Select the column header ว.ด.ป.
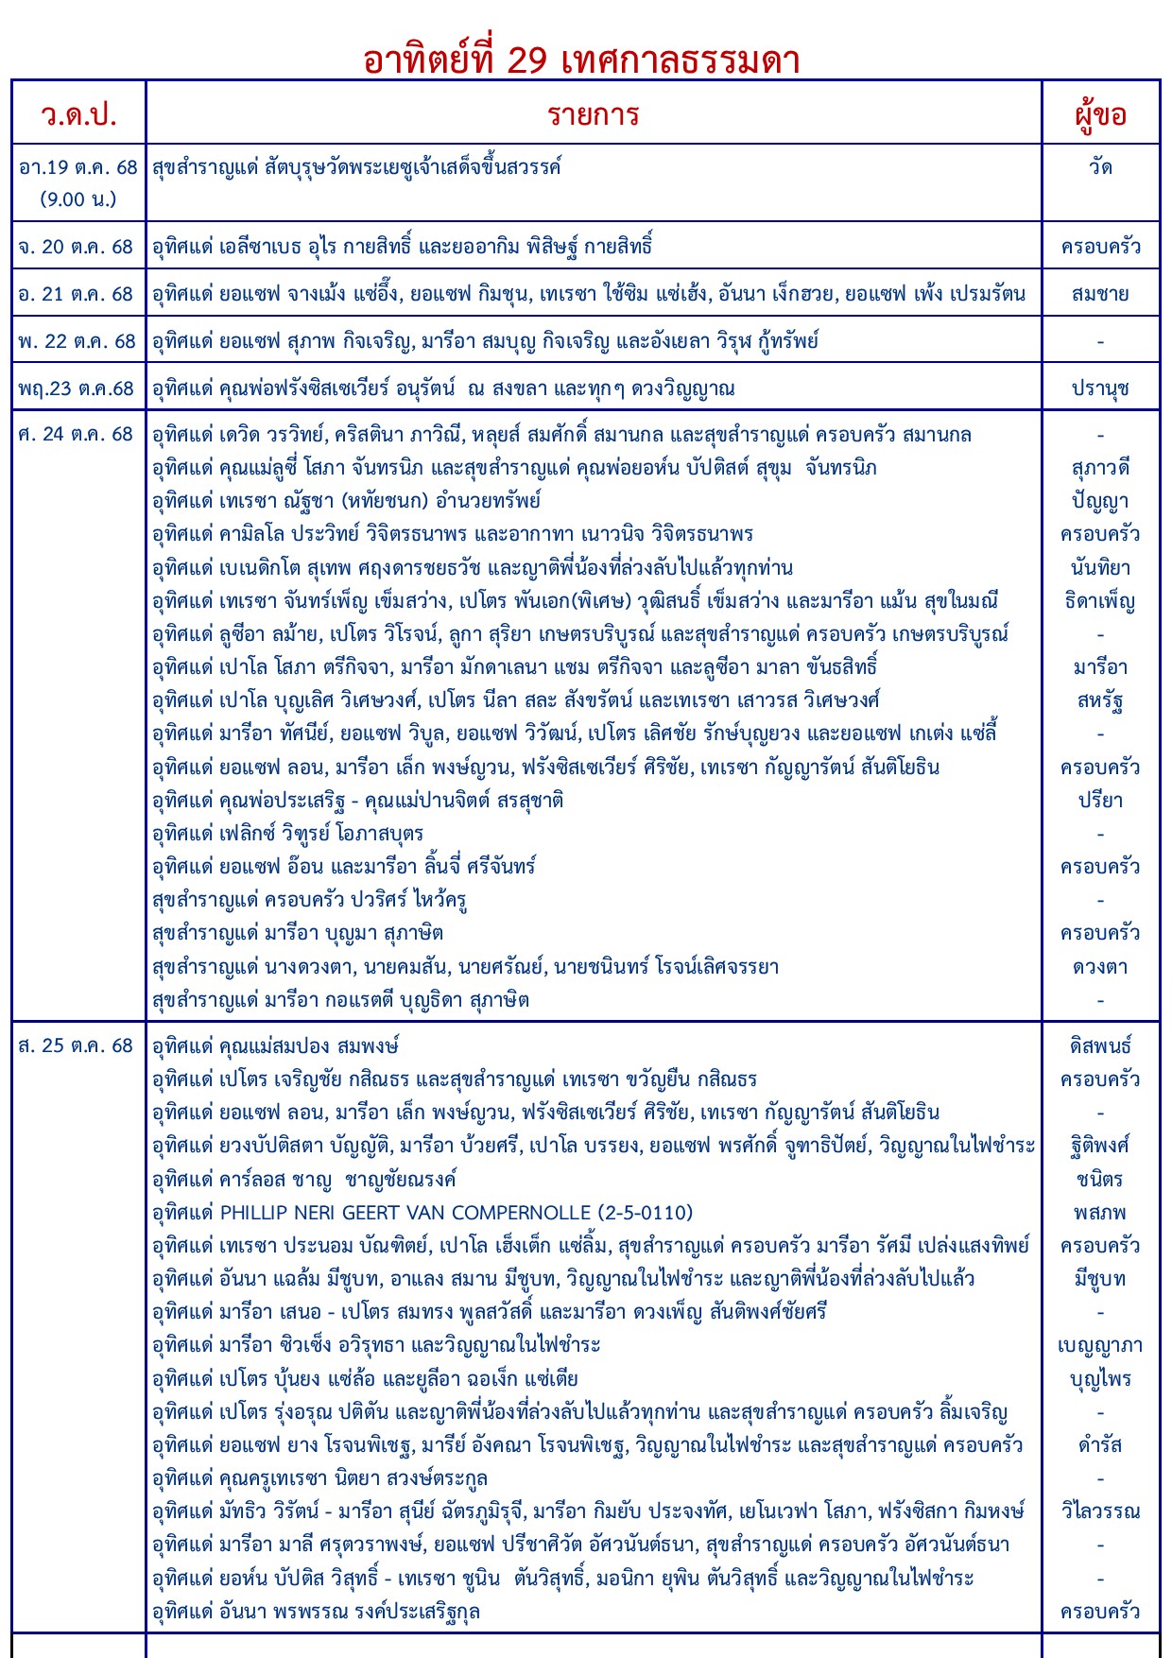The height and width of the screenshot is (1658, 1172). point(78,114)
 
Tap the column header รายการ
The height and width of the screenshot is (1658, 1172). point(593,114)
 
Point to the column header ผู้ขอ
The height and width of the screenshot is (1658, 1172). point(1100,114)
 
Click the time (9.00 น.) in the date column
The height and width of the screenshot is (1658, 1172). point(78,199)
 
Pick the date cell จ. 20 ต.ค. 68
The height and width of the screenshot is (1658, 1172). point(77,247)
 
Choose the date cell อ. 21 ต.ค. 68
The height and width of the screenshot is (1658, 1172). point(77,294)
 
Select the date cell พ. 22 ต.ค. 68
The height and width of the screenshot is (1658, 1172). point(77,341)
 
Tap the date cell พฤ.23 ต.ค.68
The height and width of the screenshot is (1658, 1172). point(77,389)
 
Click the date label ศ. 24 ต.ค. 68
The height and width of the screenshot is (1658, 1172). point(77,434)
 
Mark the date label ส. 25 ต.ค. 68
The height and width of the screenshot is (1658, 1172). point(77,1045)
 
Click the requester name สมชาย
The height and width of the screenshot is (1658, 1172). point(1100,294)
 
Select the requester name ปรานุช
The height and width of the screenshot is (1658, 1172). point(1100,389)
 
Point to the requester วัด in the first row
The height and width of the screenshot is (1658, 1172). point(1100,167)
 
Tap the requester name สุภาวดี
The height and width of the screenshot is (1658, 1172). point(1100,468)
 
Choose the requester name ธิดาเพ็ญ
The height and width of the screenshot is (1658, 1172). point(1100,601)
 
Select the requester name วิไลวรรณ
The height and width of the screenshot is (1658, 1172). point(1100,1511)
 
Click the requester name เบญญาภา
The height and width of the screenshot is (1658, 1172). point(1100,1345)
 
